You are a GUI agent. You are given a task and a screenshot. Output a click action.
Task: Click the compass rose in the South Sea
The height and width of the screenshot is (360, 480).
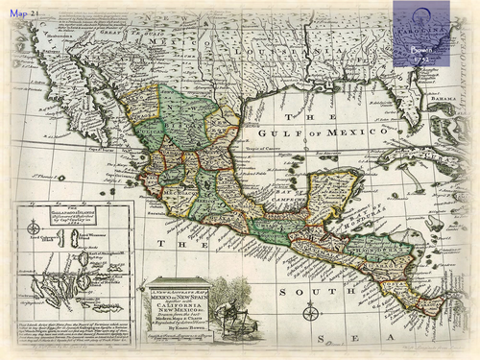[310, 312]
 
